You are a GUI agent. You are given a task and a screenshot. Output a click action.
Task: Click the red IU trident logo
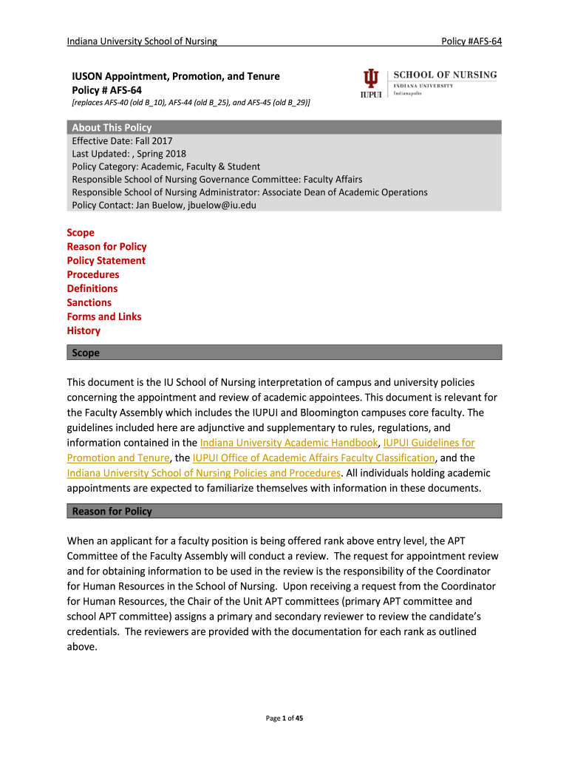point(371,79)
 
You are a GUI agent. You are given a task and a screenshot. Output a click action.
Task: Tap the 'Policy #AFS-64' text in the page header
point(471,41)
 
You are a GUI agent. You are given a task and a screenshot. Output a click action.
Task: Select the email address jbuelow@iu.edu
point(221,205)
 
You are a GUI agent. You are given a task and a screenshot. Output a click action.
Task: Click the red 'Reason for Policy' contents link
point(106,246)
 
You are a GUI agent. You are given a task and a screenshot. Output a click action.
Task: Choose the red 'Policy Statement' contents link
point(106,260)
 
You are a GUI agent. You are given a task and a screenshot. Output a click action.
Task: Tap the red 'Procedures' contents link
point(93,274)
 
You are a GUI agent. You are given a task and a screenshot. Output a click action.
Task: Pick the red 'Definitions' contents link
point(92,288)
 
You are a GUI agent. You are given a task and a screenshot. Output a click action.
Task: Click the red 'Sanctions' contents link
point(89,302)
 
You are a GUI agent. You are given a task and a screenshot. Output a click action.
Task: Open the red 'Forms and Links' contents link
point(104,316)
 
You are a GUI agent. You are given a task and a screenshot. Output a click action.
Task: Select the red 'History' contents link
point(84,330)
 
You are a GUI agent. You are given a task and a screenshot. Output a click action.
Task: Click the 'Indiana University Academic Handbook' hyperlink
point(284,443)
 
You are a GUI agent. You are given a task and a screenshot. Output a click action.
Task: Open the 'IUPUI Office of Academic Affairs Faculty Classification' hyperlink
point(314,458)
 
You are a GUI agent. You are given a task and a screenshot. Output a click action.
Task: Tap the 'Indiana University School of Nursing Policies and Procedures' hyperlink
point(204,473)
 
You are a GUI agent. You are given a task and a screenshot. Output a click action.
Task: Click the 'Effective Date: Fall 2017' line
point(122,140)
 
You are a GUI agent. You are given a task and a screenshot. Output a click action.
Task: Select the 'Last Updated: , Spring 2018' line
point(129,154)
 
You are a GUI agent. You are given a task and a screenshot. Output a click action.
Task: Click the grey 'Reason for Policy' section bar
point(284,512)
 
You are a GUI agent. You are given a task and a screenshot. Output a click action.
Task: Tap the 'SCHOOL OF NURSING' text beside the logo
point(445,75)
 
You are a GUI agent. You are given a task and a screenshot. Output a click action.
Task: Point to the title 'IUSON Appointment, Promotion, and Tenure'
point(175,76)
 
